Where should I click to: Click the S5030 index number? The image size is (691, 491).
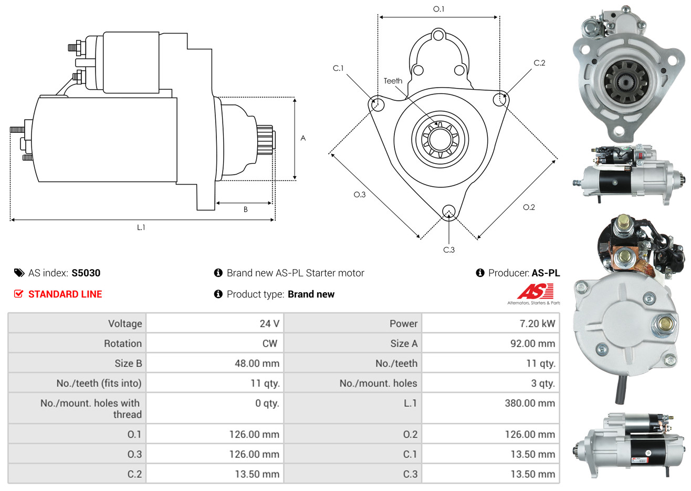[86, 273]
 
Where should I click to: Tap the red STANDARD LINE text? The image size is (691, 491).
[65, 294]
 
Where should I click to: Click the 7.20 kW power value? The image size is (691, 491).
[537, 323]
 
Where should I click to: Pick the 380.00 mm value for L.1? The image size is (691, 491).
[530, 403]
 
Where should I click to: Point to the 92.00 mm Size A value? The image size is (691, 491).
[532, 344]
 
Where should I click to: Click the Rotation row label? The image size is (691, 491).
[123, 344]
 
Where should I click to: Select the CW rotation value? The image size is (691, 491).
[270, 344]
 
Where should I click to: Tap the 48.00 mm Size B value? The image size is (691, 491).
[257, 363]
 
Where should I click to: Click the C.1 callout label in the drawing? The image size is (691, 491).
[338, 68]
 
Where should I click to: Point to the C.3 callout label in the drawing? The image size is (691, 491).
[449, 250]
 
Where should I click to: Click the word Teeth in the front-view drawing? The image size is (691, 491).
[393, 81]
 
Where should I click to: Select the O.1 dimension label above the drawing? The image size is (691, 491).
[438, 9]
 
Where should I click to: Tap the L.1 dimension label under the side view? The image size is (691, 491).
[141, 228]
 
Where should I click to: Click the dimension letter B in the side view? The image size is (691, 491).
[246, 210]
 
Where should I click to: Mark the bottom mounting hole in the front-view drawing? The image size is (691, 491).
[449, 211]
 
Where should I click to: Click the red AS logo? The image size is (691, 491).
[535, 291]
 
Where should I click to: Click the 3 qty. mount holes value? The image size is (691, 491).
[543, 383]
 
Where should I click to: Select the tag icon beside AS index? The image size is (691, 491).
[19, 273]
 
